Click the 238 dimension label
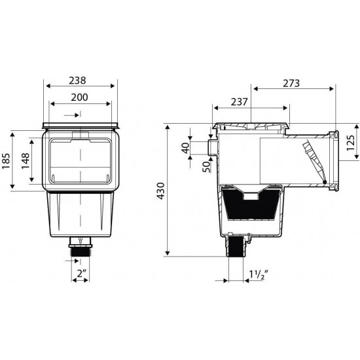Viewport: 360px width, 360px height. (x=77, y=81)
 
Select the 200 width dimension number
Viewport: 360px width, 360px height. (x=79, y=98)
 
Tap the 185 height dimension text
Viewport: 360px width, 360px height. (x=7, y=161)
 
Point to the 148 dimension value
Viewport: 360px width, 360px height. (x=26, y=161)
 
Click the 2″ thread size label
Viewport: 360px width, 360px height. (x=82, y=274)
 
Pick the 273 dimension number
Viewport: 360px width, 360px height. (x=291, y=83)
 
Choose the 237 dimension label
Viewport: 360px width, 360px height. (x=239, y=102)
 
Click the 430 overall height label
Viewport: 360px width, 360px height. (x=160, y=191)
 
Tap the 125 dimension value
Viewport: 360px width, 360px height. (x=351, y=143)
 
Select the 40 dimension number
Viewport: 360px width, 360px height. (x=186, y=148)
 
